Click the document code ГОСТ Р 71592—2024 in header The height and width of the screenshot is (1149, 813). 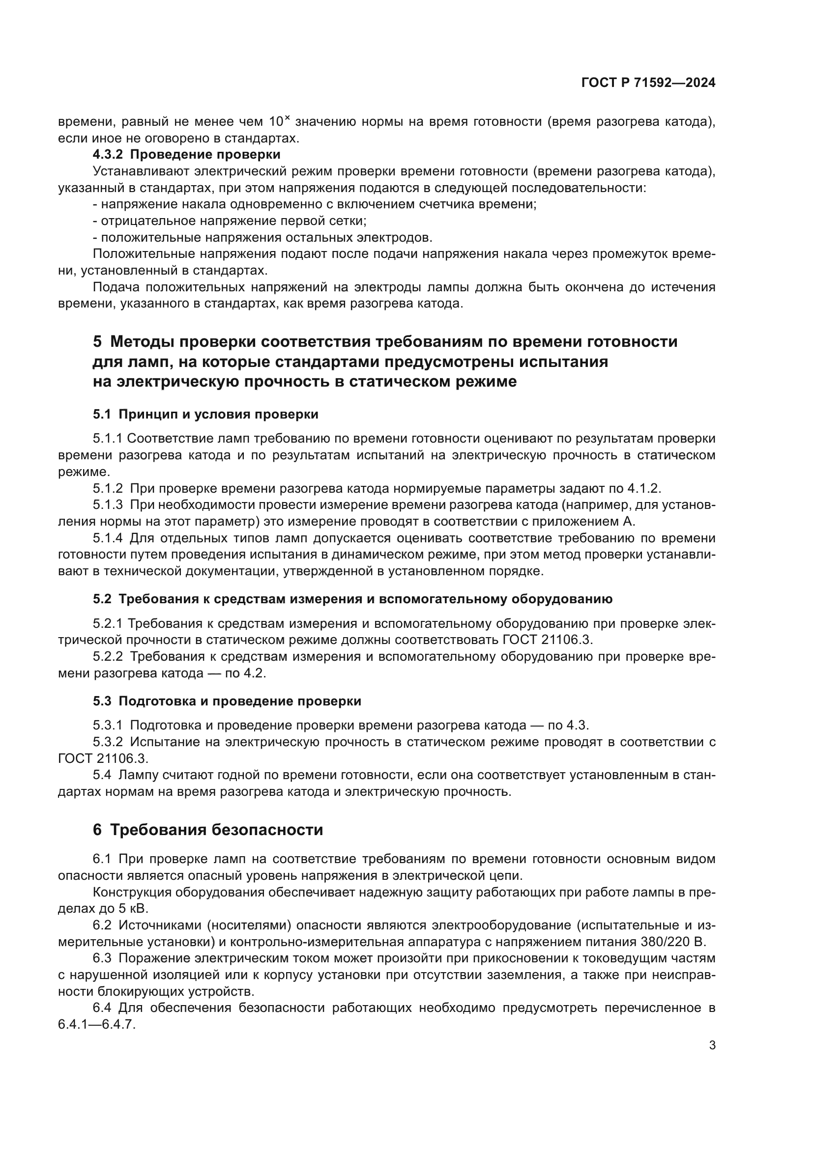[648, 83]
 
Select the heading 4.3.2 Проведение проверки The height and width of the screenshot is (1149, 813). [186, 154]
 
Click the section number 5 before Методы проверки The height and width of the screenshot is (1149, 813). [97, 342]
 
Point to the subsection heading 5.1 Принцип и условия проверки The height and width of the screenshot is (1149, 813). [205, 415]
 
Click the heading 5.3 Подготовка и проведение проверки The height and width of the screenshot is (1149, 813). [226, 701]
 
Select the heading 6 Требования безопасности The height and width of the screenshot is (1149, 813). [208, 830]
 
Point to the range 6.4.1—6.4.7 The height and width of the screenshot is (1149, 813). [97, 1024]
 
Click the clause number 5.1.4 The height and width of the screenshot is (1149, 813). [107, 538]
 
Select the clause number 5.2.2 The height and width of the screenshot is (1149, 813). [107, 657]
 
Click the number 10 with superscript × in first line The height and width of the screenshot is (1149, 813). [279, 122]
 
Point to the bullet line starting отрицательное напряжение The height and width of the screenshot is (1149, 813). [230, 221]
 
